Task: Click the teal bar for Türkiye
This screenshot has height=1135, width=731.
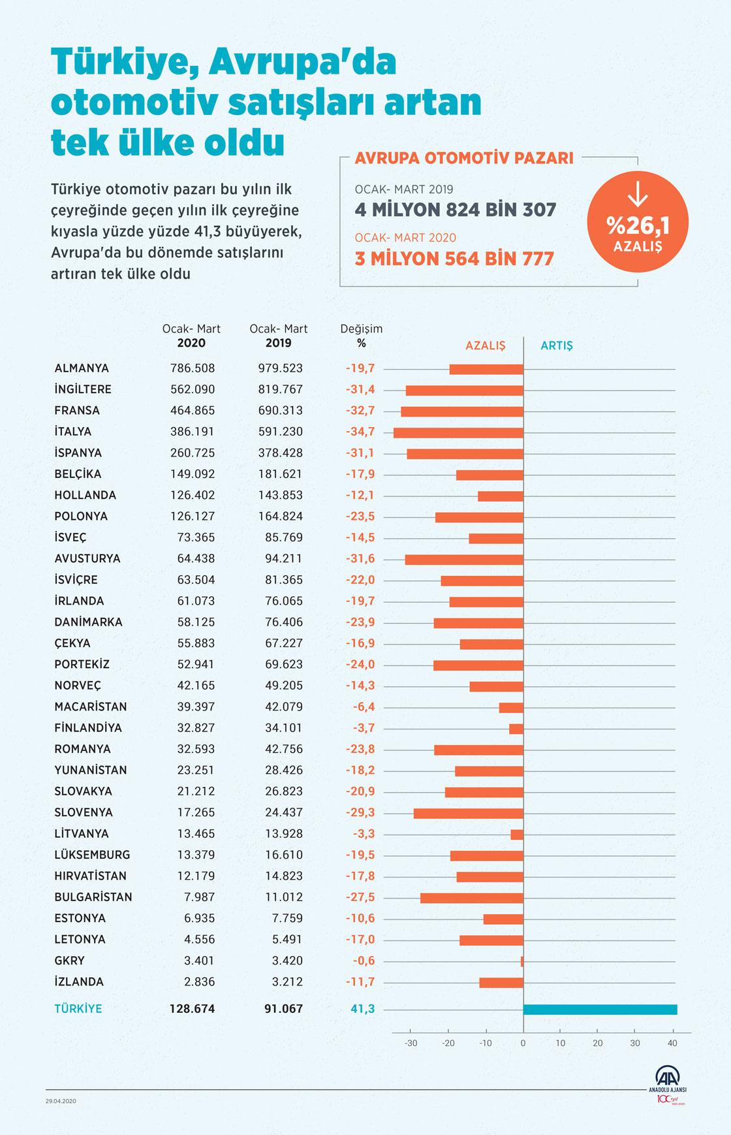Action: [x=600, y=1010]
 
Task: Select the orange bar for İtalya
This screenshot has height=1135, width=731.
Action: [x=458, y=432]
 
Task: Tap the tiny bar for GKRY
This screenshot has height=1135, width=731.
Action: [x=522, y=961]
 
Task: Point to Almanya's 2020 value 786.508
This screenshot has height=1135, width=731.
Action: [x=193, y=368]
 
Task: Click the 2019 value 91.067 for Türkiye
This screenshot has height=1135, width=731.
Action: [x=283, y=1009]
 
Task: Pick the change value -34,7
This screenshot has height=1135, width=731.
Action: [x=360, y=432]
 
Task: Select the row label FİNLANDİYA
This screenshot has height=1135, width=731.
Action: [x=88, y=727]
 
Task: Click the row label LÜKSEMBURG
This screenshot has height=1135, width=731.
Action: [x=92, y=855]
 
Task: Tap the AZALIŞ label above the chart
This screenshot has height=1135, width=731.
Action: [x=485, y=345]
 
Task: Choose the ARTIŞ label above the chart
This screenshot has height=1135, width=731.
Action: [x=557, y=345]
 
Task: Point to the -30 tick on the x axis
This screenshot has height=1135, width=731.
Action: [x=411, y=1043]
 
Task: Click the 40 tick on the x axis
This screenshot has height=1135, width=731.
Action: [x=672, y=1043]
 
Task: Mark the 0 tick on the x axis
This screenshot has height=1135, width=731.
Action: [x=523, y=1043]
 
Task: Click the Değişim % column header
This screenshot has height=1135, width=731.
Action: [x=362, y=336]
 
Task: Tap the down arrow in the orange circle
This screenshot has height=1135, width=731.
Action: [x=638, y=194]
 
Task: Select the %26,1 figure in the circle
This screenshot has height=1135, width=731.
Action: [x=638, y=225]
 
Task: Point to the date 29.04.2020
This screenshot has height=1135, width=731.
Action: [x=61, y=1101]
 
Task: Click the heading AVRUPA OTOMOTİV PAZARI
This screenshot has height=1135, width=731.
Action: [x=464, y=158]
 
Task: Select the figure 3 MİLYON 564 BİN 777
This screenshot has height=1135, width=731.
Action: [x=454, y=259]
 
